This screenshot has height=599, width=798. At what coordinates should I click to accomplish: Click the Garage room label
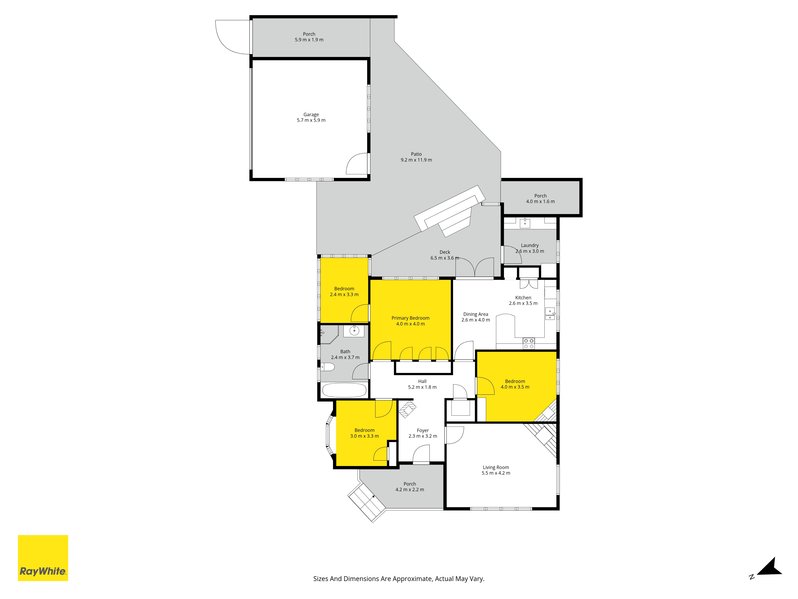311,114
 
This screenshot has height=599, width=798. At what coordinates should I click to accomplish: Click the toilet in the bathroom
328,367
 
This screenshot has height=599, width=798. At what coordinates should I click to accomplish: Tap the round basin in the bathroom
354,331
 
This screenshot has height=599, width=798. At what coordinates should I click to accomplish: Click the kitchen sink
550,314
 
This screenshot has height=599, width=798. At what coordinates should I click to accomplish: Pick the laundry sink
525,223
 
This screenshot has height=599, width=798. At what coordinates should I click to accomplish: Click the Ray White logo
43,558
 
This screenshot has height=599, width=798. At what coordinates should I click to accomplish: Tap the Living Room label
496,467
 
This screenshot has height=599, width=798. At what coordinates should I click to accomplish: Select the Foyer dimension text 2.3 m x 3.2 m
423,436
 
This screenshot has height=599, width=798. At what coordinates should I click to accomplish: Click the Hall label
422,381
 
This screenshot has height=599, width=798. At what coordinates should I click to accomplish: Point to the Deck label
445,252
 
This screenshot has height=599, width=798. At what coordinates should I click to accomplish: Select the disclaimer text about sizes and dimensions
399,579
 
